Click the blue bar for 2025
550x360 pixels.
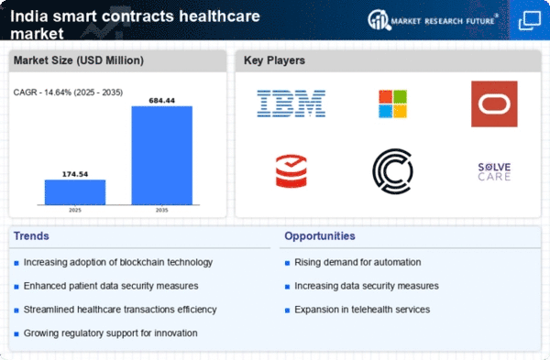point(75,192)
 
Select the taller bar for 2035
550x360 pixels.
point(161,156)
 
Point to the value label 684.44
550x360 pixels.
point(161,101)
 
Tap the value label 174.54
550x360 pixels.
point(75,174)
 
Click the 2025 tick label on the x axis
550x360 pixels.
point(75,210)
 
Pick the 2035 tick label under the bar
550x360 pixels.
point(161,210)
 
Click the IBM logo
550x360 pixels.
point(291,104)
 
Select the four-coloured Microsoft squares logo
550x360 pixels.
point(393,104)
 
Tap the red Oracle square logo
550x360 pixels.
point(494,104)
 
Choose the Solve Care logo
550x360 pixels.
point(494,172)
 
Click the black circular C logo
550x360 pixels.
point(393,171)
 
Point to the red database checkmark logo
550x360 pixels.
point(291,171)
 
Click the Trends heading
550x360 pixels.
point(31,236)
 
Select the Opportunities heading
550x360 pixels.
point(320,236)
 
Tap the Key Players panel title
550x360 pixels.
point(274,60)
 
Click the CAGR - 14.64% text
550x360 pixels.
point(43,93)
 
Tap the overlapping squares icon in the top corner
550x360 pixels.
point(530,20)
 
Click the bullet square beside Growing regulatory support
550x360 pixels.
point(16,334)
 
